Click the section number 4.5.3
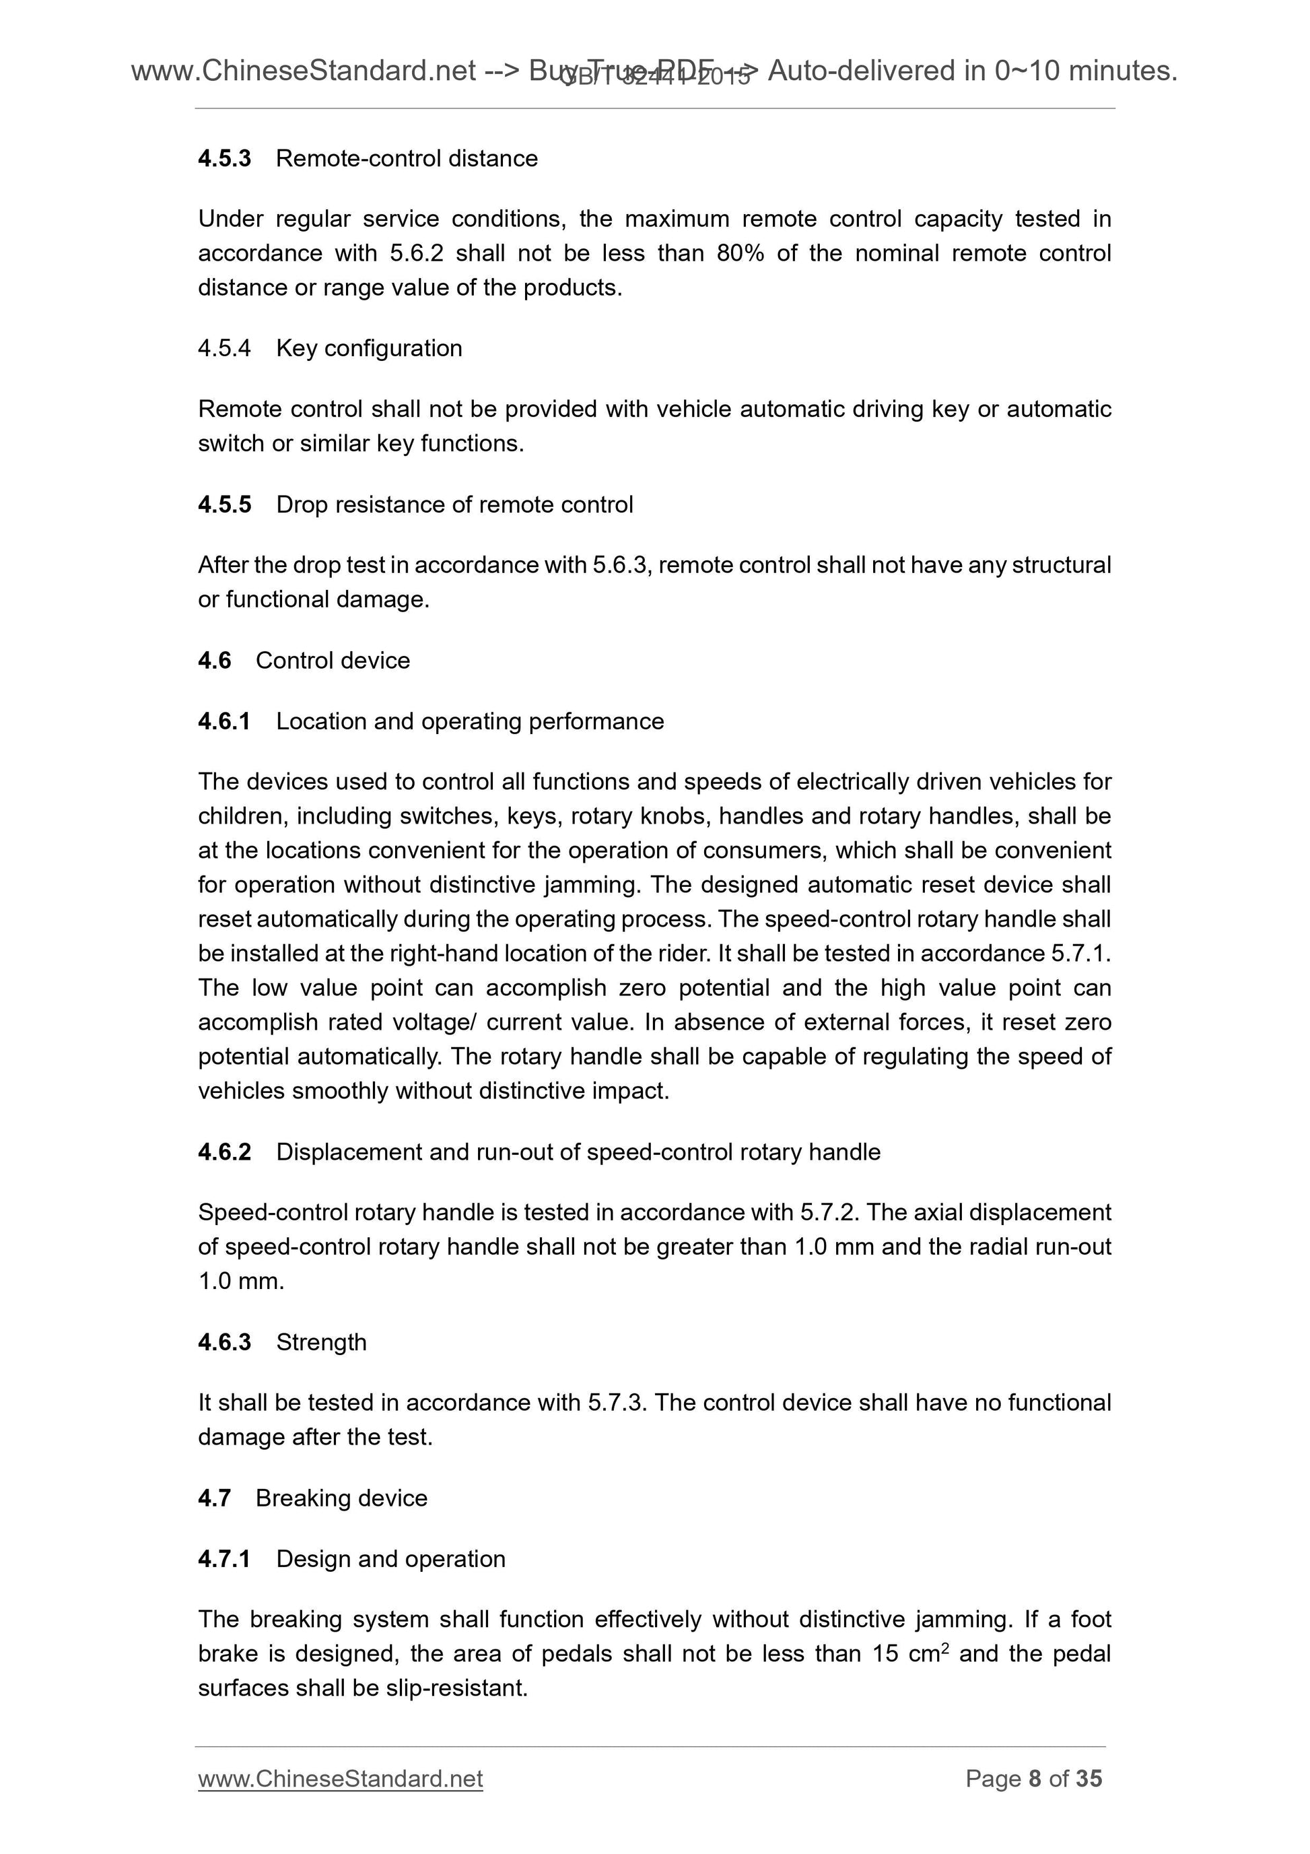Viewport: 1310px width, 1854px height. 224,158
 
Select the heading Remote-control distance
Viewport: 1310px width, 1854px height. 406,158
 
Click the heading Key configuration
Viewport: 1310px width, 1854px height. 369,348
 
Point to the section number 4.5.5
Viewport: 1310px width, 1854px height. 224,504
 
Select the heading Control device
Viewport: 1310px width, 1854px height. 333,661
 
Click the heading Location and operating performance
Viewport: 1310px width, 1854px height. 470,721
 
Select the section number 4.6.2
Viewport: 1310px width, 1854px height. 224,1152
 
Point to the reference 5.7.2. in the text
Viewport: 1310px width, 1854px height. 830,1212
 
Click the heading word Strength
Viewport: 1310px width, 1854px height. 321,1342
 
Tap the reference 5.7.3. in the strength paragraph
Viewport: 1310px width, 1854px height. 617,1403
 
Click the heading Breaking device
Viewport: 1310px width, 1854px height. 341,1498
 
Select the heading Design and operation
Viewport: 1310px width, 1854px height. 390,1558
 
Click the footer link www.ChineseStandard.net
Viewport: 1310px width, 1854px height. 340,1779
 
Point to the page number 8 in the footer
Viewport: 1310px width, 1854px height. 1034,1779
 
